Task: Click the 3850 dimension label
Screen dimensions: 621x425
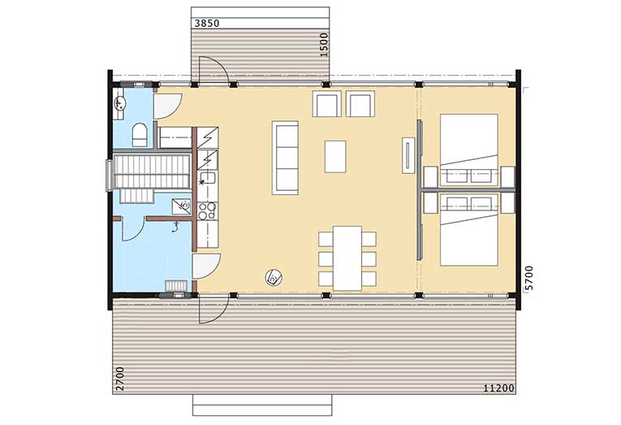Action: (207, 24)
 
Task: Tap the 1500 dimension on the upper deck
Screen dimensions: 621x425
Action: (324, 45)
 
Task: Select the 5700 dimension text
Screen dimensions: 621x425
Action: (528, 278)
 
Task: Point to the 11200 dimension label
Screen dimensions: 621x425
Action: (499, 388)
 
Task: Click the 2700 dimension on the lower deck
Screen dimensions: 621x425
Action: (120, 379)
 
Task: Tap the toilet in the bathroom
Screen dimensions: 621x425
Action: (140, 135)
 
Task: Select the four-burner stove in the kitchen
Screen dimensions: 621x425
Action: (207, 211)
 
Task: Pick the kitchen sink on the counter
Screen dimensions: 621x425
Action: (207, 179)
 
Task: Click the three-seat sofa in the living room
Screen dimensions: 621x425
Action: (285, 158)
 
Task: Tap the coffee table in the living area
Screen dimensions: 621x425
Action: (335, 157)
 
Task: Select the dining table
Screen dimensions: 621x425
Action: (347, 258)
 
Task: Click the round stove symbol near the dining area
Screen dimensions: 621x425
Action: (274, 276)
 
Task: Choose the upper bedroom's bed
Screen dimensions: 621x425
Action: (469, 150)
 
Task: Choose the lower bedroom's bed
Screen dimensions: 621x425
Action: (469, 230)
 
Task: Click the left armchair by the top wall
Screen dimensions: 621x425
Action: (327, 104)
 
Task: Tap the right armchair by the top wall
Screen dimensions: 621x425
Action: (360, 104)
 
